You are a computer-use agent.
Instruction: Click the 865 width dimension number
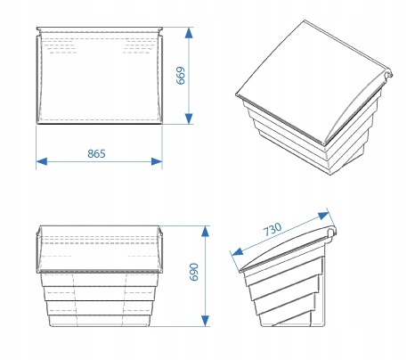96,153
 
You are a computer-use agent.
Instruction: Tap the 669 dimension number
181,76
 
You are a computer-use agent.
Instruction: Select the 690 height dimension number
193,272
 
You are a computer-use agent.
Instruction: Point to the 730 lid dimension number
273,229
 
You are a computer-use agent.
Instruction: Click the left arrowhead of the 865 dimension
42,161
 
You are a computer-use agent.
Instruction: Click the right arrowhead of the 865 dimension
157,161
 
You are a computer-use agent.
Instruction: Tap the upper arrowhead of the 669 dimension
189,33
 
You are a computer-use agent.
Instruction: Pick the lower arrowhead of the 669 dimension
189,119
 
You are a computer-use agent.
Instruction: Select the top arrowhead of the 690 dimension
205,231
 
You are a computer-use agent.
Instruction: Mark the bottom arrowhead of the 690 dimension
205,321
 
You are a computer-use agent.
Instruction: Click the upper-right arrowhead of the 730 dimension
323,216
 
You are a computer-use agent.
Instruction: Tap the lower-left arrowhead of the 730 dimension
237,252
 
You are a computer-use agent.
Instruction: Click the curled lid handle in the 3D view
388,75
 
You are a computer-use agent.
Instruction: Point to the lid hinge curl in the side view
332,232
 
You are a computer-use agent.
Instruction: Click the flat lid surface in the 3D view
309,78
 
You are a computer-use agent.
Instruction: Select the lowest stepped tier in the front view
99,321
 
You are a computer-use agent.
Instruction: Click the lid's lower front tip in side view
241,271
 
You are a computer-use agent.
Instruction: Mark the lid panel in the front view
100,249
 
